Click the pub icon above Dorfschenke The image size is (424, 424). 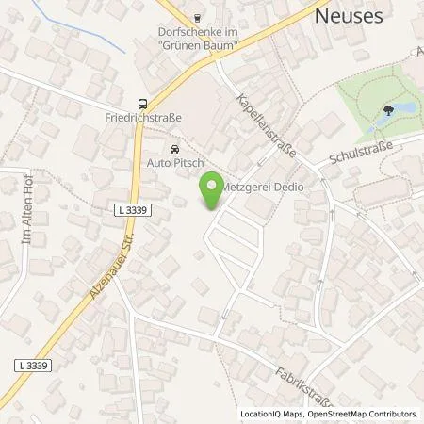coord(197,16)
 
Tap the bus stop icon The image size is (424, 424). coord(142,104)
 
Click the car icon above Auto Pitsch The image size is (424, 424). coord(174,150)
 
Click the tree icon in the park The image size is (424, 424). coord(388,110)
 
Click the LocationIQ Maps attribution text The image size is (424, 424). coord(270,413)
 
